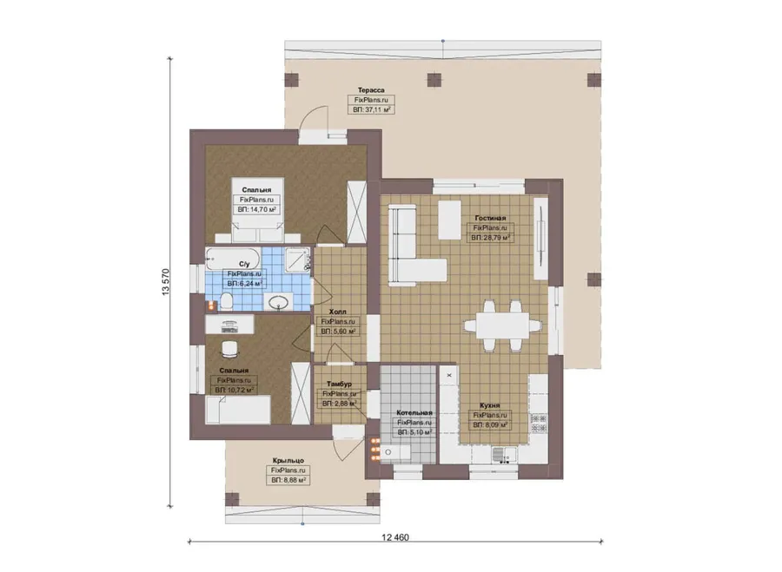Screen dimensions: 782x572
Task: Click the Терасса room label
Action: pyautogui.click(x=371, y=90)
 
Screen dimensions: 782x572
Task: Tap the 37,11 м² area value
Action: pyautogui.click(x=372, y=109)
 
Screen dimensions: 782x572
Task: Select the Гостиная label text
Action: pyautogui.click(x=490, y=218)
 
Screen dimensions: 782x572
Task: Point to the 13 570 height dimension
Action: pyautogui.click(x=166, y=282)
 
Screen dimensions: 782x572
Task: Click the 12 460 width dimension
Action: pyautogui.click(x=395, y=537)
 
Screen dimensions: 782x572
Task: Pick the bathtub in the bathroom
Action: pyautogui.click(x=233, y=259)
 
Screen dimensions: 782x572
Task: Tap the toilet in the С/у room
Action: pyautogui.click(x=227, y=301)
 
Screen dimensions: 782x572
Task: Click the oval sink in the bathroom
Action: pyautogui.click(x=278, y=302)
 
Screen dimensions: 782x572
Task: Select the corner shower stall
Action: pyautogui.click(x=298, y=260)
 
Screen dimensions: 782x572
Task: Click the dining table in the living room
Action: pyautogui.click(x=502, y=325)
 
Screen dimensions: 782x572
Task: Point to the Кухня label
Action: pyautogui.click(x=490, y=405)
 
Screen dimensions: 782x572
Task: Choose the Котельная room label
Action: pyautogui.click(x=414, y=413)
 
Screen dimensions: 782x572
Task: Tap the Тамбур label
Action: pyautogui.click(x=339, y=385)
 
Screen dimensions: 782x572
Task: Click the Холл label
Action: pyautogui.click(x=338, y=312)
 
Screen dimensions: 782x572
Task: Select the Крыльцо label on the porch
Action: pyautogui.click(x=288, y=461)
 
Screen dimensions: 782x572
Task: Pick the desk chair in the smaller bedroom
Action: pyautogui.click(x=229, y=349)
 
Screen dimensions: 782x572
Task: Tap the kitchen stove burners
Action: pyautogui.click(x=539, y=423)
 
